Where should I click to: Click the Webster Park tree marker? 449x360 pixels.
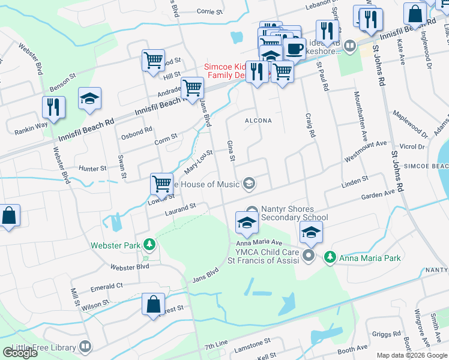[x=148, y=245]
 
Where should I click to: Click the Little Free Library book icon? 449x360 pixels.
[x=85, y=347]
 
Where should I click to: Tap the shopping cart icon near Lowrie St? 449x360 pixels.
[x=161, y=183]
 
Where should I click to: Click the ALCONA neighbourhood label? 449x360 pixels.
[x=258, y=121]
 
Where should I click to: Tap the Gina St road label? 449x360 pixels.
[x=230, y=149]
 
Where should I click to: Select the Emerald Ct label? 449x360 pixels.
[x=106, y=286]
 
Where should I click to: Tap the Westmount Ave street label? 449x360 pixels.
[x=366, y=152]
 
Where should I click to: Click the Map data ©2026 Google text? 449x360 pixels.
[x=411, y=355]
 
